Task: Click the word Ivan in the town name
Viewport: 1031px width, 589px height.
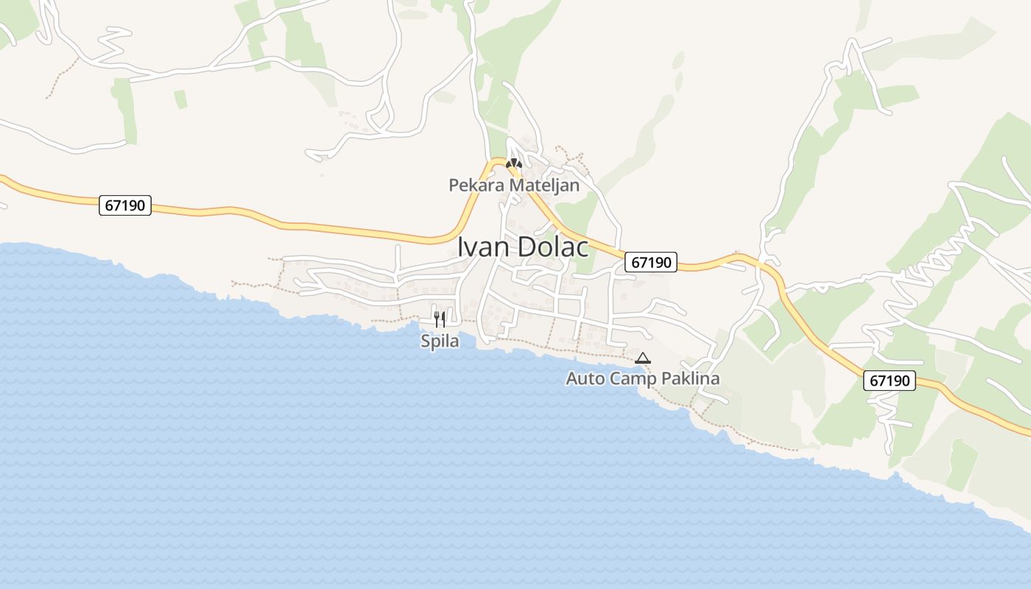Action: click(483, 247)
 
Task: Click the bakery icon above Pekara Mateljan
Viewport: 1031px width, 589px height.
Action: click(513, 163)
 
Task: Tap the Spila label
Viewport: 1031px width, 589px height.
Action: click(440, 341)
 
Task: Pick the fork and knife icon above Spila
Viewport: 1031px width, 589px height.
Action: click(440, 319)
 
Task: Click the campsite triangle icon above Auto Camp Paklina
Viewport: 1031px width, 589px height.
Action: click(643, 359)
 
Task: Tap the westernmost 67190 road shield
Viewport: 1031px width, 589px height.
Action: click(125, 205)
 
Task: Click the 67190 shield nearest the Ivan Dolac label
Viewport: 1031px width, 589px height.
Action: click(651, 262)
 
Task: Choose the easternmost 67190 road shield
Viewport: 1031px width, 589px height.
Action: click(890, 381)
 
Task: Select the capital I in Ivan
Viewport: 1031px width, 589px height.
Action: click(461, 247)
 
